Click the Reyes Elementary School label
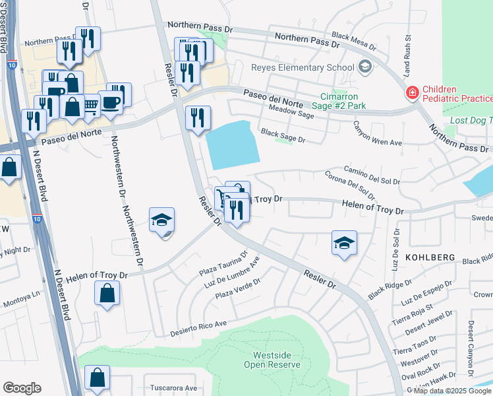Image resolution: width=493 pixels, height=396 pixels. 303,67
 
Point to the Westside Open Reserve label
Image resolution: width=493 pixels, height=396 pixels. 277,360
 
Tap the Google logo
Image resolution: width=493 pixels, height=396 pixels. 22,387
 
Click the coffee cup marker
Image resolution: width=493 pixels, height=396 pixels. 111,102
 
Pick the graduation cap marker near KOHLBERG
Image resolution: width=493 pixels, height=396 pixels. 343,244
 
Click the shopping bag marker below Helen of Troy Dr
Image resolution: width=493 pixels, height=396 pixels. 107,293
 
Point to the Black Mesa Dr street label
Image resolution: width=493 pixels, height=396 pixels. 354,42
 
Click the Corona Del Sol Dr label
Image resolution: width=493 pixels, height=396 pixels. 349,185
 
